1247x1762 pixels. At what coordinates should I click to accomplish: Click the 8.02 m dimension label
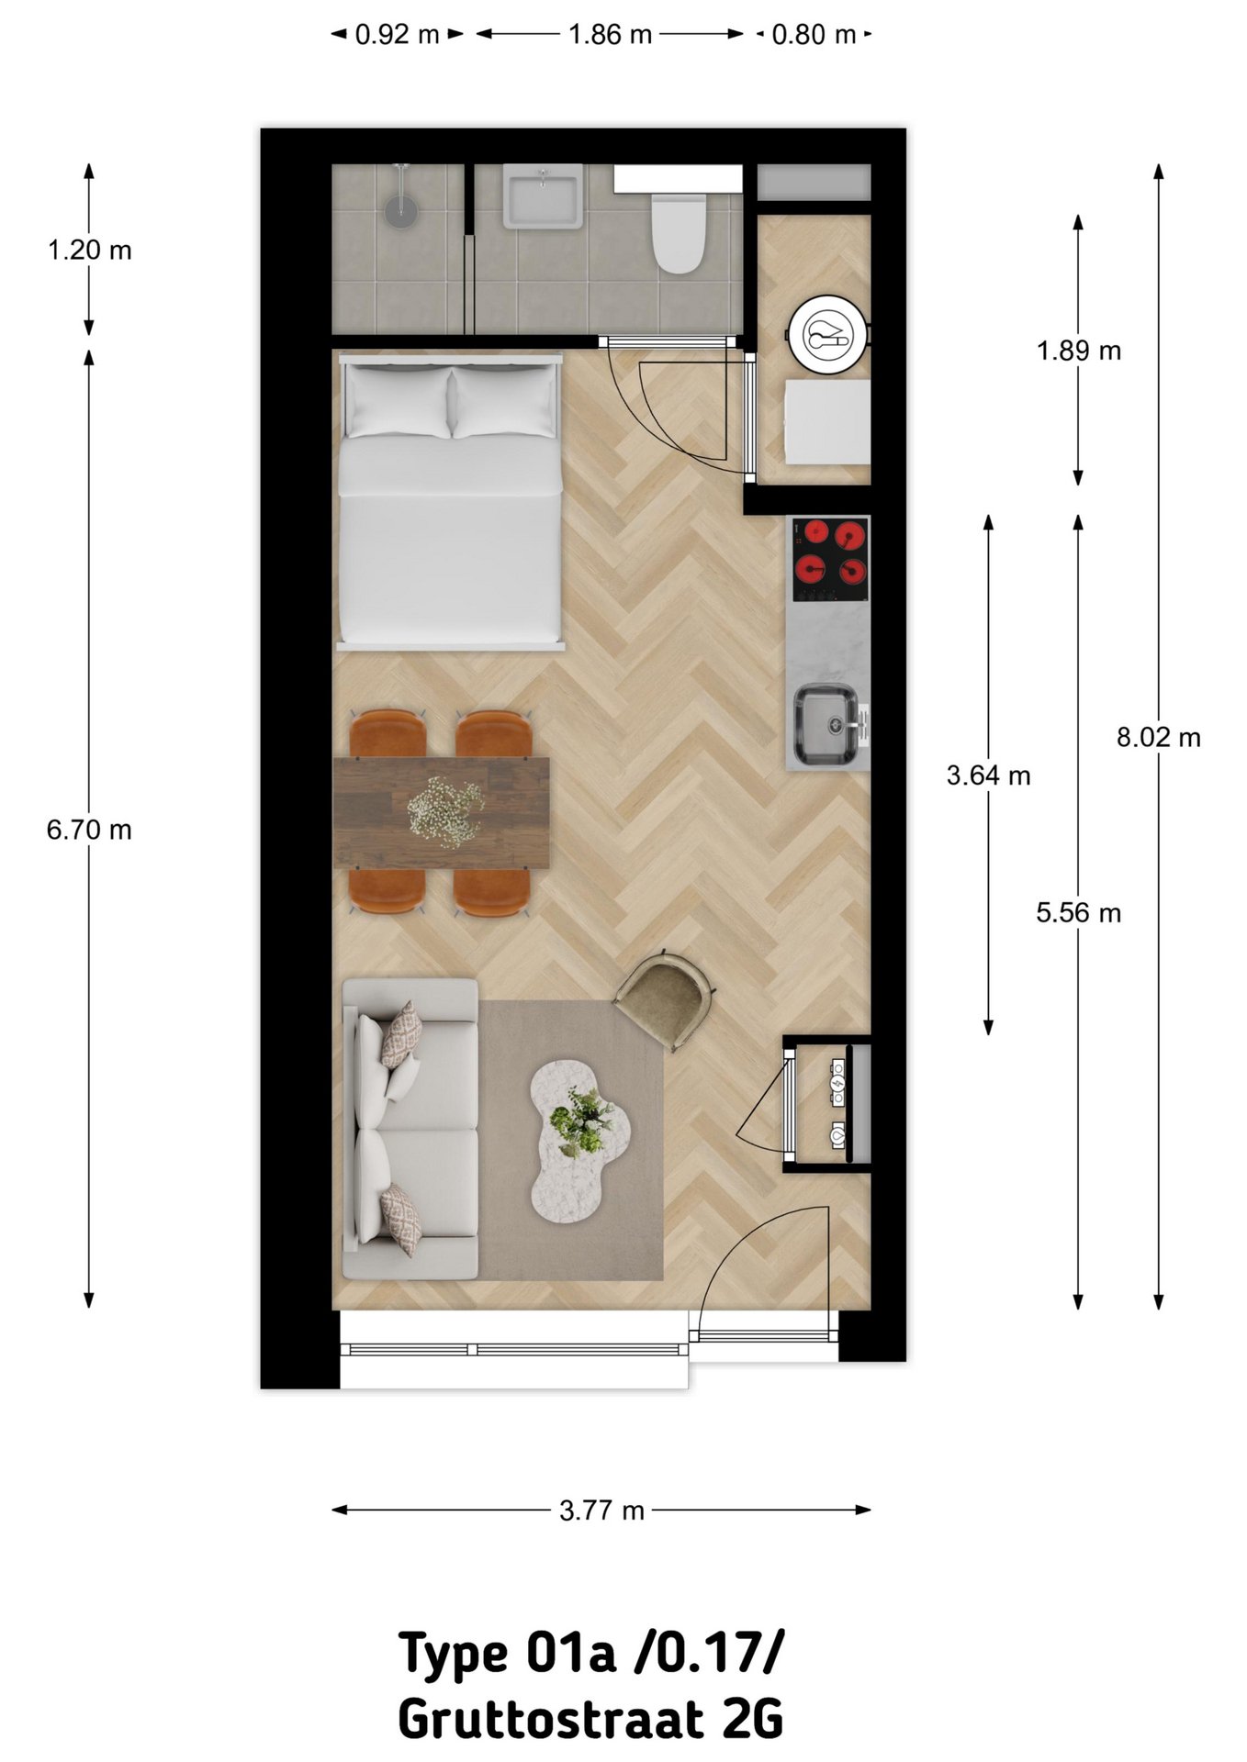[1158, 737]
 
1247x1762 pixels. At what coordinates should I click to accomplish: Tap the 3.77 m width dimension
[601, 1510]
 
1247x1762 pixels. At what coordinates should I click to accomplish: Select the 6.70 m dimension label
[89, 830]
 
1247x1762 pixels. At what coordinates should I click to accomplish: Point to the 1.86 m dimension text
[610, 35]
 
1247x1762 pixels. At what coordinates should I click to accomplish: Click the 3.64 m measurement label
[988, 775]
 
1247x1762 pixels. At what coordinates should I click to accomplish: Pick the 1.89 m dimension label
[1078, 351]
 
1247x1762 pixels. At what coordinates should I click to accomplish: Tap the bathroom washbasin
[543, 195]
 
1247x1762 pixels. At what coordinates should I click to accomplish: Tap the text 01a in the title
[570, 1652]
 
